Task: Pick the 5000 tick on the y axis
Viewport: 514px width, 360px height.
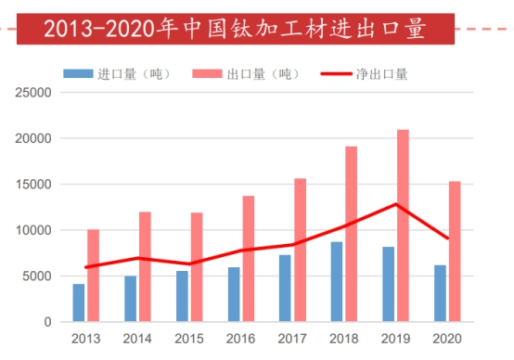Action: click(x=37, y=276)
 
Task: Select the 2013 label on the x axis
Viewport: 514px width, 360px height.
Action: click(x=85, y=339)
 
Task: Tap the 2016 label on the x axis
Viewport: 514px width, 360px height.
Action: click(x=241, y=339)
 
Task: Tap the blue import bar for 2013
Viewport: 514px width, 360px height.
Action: click(x=79, y=302)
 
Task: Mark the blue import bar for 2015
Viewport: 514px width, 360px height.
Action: click(x=182, y=296)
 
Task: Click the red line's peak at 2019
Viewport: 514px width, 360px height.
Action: click(x=396, y=204)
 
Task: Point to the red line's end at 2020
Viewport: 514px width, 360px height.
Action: click(x=448, y=238)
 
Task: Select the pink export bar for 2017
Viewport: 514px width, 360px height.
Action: click(x=300, y=250)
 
